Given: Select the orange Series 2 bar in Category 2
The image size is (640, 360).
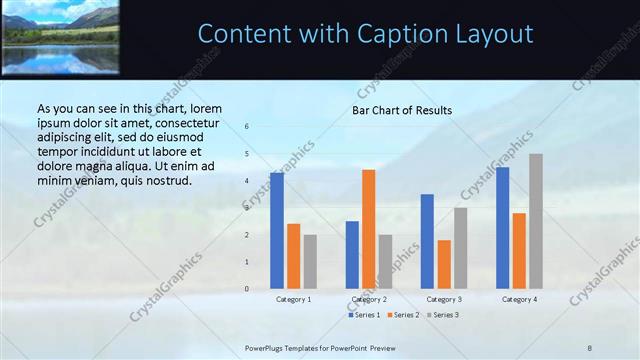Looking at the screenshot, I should click(x=369, y=229).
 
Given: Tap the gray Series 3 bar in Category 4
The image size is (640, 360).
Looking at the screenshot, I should click(x=536, y=221).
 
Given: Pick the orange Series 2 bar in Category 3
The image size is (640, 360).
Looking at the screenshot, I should click(x=444, y=264).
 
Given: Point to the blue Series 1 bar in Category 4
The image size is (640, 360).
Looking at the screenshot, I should click(x=502, y=228).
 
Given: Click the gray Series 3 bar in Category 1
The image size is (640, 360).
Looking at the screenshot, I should click(x=310, y=262).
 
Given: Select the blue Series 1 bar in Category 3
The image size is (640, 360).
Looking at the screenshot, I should click(x=427, y=241).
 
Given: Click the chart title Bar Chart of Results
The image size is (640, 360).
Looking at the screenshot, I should click(x=402, y=110).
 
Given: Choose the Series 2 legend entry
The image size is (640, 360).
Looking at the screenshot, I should click(x=403, y=315).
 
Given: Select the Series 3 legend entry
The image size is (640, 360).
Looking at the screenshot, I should click(x=442, y=315).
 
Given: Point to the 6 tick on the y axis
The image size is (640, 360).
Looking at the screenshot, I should click(x=247, y=127).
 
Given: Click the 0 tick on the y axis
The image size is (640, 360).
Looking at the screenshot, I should click(x=247, y=289).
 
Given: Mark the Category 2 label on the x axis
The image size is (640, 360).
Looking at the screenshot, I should click(x=369, y=299).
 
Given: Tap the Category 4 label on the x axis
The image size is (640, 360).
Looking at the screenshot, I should click(x=519, y=299).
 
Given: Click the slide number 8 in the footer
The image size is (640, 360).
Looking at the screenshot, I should click(x=590, y=346).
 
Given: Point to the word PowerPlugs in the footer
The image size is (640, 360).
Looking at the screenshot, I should click(x=267, y=346).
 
